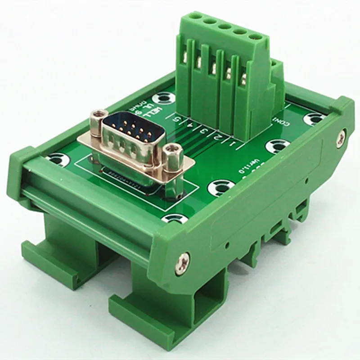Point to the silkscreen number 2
click(218, 137)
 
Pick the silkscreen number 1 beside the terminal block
click(232, 144)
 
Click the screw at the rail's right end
click(344, 134)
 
